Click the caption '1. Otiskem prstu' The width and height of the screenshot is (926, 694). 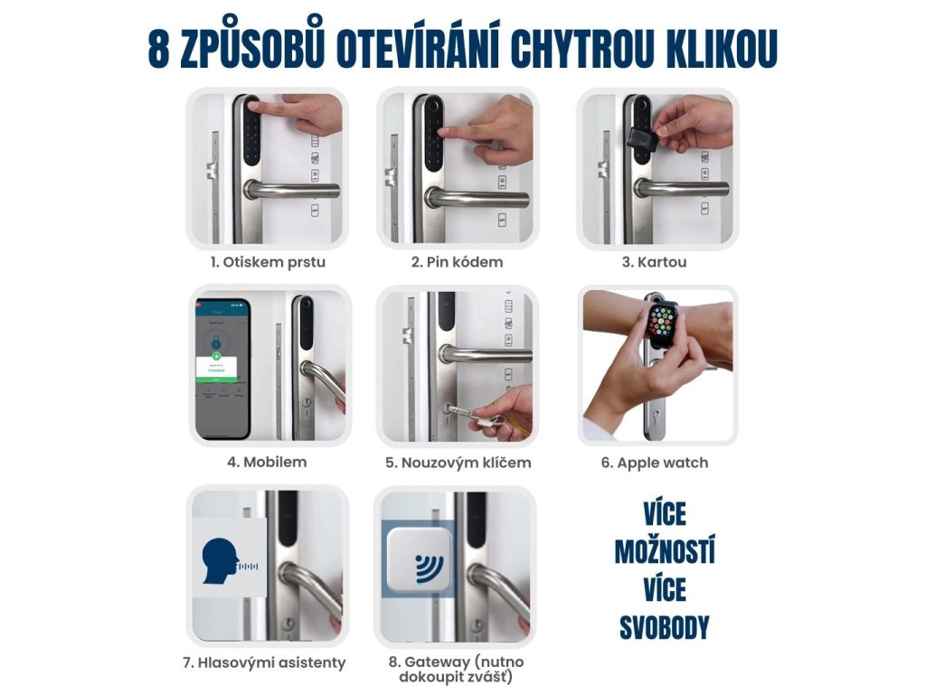click(x=268, y=262)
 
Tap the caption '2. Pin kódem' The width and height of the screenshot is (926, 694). click(x=457, y=262)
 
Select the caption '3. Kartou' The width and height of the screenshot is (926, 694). click(x=655, y=262)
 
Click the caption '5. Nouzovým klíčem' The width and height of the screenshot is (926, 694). click(x=458, y=463)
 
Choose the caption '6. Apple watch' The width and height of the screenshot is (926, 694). click(x=655, y=463)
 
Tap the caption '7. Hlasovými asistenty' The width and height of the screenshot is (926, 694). click(x=264, y=662)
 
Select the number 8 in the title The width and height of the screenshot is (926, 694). click(x=158, y=49)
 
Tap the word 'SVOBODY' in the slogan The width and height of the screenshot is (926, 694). click(x=665, y=628)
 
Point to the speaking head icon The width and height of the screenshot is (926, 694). click(x=221, y=562)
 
